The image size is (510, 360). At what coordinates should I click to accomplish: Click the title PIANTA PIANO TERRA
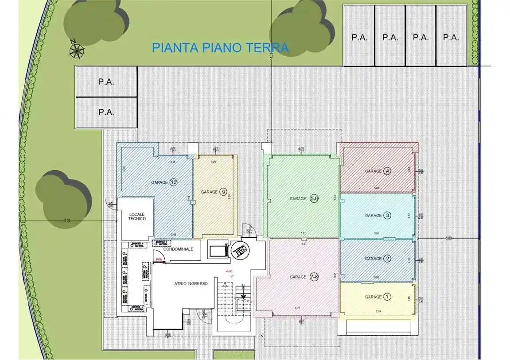[220, 47]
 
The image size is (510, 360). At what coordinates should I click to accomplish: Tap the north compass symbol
[76, 49]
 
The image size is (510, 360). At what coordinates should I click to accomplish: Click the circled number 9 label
[223, 192]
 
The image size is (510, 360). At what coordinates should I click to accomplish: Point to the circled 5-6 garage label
[314, 199]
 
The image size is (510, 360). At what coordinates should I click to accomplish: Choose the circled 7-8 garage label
[314, 277]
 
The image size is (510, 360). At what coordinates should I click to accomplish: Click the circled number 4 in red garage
[387, 171]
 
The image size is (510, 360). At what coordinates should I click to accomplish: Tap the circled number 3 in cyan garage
[387, 216]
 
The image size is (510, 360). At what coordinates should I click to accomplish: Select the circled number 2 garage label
[387, 259]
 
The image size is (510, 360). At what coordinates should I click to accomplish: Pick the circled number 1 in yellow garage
[387, 297]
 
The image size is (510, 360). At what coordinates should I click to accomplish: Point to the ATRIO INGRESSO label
[191, 283]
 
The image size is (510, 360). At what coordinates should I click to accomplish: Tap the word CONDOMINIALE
[179, 249]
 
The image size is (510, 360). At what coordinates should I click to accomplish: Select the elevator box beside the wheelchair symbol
[218, 250]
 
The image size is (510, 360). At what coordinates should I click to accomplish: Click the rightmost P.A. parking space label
[451, 38]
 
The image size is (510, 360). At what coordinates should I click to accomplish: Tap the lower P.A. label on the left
[106, 112]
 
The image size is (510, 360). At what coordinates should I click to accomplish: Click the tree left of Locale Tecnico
[62, 199]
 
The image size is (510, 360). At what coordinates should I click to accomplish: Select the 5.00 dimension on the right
[448, 238]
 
